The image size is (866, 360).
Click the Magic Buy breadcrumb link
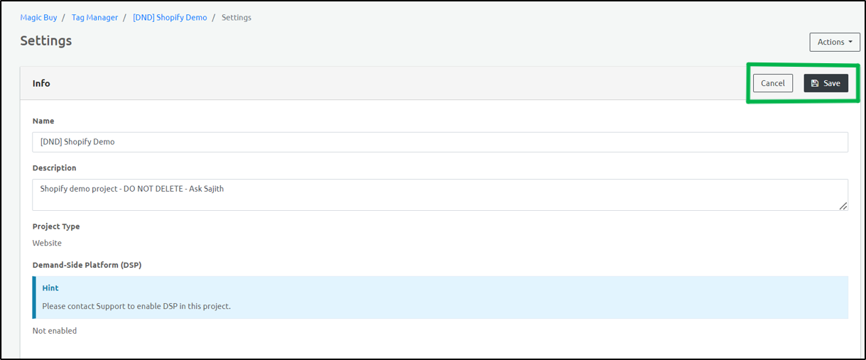(38, 17)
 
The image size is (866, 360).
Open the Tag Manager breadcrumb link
(94, 17)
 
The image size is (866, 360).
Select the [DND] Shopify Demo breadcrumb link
(170, 17)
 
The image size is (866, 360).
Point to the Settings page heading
(46, 41)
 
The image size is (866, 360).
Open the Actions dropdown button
(834, 42)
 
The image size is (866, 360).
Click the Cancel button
(772, 83)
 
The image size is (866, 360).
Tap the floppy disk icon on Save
(815, 83)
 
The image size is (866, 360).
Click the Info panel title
(41, 83)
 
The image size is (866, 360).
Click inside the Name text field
(440, 142)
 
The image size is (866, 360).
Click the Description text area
(440, 195)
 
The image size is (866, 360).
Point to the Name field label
(43, 121)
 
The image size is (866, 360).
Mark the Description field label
(54, 168)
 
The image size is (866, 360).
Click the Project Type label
(56, 227)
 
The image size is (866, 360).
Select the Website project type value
(47, 243)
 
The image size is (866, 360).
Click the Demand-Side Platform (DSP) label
(87, 265)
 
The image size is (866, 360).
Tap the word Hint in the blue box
(50, 288)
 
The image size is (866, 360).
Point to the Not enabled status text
(55, 331)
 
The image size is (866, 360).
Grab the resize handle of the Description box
(843, 206)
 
